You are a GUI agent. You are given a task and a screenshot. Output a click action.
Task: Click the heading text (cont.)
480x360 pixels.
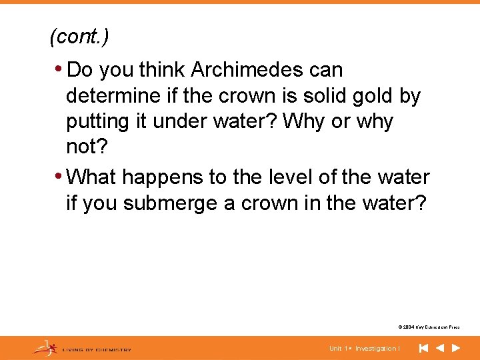(x=79, y=37)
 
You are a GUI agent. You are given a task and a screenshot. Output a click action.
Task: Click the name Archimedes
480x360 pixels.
(x=267, y=69)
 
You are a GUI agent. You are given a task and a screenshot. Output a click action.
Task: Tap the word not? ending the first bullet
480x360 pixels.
(x=82, y=147)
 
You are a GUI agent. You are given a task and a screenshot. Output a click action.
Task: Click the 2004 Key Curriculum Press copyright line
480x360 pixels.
(x=428, y=327)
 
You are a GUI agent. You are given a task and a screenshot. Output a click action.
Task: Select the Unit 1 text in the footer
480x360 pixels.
(x=339, y=348)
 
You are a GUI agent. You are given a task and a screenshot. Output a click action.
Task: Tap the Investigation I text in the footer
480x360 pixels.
(x=377, y=348)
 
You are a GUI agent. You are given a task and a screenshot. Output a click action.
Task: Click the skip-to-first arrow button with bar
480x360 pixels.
(x=423, y=348)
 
